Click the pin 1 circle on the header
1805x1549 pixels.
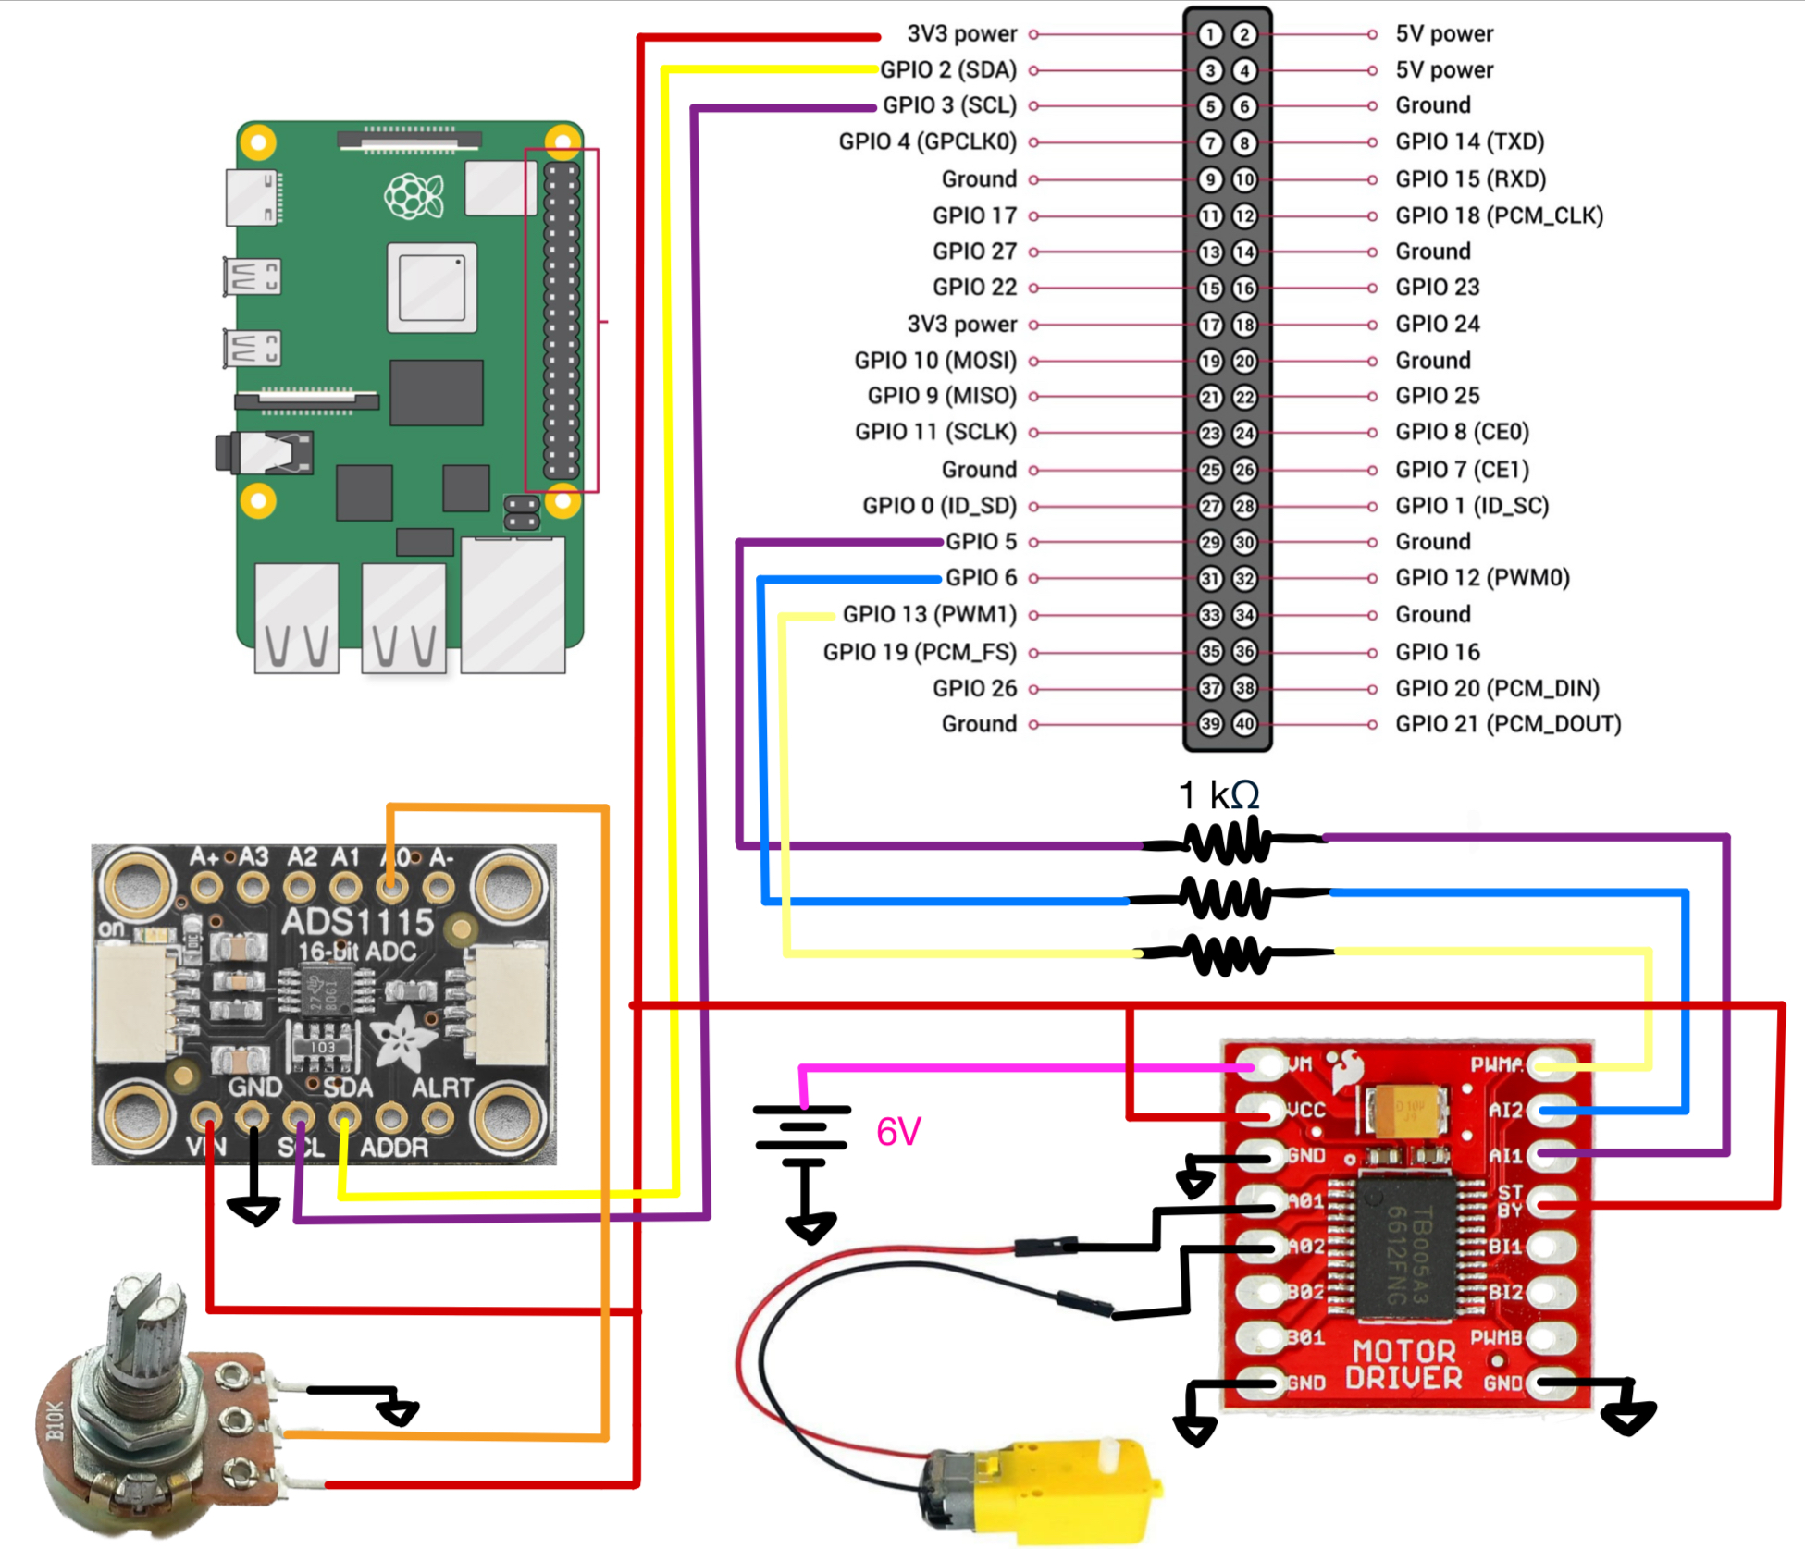[1210, 35]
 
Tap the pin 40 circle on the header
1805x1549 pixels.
[1245, 724]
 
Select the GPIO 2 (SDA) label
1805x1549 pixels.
[948, 70]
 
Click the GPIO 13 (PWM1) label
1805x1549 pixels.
[929, 615]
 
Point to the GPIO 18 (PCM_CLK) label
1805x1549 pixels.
[1499, 215]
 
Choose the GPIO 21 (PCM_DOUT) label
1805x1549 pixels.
[1508, 724]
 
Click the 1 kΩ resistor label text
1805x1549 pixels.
[1218, 795]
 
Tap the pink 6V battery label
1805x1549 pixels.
[898, 1132]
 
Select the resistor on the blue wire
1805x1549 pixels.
[1226, 897]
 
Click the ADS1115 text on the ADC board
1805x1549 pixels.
[357, 922]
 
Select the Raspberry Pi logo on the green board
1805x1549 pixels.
[414, 196]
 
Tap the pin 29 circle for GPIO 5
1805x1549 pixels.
[1210, 543]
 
